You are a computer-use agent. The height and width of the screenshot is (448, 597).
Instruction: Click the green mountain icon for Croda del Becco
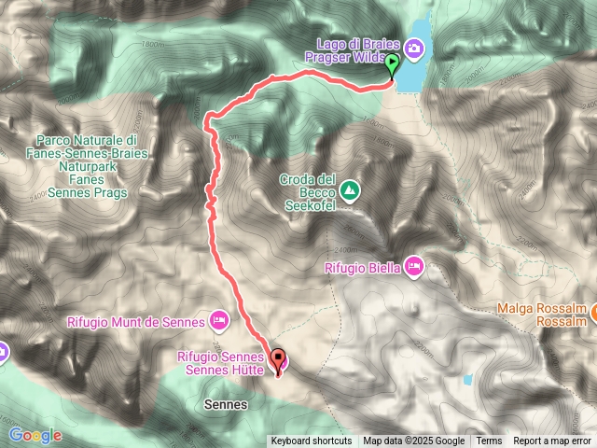point(350,191)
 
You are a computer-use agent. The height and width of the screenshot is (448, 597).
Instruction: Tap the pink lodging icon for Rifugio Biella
point(414,269)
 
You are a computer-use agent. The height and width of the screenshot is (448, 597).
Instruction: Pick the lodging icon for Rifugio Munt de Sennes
point(219,322)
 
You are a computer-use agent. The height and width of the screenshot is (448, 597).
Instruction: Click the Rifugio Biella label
point(362,269)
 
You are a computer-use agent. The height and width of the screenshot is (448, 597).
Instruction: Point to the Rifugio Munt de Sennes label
point(135,322)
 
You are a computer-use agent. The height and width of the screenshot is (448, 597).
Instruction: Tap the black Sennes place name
point(225,405)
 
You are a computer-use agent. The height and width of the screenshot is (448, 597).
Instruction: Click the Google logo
point(35,435)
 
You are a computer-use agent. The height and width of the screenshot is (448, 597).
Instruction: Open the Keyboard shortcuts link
point(312,441)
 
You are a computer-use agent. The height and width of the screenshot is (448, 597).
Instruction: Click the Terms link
point(489,441)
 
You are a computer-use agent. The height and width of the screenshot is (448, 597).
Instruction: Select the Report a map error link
point(552,441)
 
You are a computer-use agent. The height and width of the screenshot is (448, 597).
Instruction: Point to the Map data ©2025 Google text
point(414,441)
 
